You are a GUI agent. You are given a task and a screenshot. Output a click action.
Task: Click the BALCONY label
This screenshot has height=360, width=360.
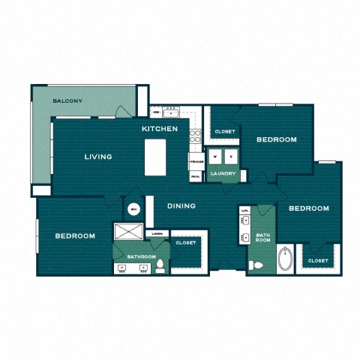[x=67, y=101]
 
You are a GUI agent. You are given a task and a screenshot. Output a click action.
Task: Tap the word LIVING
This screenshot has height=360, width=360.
[x=98, y=157]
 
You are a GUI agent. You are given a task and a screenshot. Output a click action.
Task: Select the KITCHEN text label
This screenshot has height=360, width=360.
[x=160, y=129]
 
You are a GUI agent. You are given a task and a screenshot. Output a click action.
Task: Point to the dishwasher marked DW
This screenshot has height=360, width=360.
[x=156, y=112]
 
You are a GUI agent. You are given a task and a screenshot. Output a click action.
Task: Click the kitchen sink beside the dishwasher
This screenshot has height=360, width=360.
[x=171, y=112]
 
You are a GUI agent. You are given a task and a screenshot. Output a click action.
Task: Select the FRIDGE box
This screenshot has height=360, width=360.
[x=196, y=161]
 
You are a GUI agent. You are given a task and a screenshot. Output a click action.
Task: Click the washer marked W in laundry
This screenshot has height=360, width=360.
[x=216, y=156]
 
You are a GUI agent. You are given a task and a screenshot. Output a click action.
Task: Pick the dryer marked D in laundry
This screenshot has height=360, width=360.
[x=231, y=156]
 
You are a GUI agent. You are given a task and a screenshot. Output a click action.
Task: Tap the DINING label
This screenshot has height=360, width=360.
[x=181, y=205]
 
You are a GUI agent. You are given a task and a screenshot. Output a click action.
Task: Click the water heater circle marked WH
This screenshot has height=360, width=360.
[x=134, y=209]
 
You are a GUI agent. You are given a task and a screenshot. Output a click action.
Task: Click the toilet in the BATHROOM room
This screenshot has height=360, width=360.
[x=160, y=265]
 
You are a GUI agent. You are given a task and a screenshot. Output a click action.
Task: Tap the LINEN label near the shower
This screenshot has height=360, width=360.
[x=157, y=234]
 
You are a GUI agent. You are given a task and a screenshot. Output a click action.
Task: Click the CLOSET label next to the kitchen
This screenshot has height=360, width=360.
[x=224, y=131]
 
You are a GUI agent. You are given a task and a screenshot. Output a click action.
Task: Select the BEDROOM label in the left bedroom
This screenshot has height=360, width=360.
[x=75, y=235]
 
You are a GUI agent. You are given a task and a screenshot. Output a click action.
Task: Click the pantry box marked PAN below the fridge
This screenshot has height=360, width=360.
[x=195, y=176]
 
